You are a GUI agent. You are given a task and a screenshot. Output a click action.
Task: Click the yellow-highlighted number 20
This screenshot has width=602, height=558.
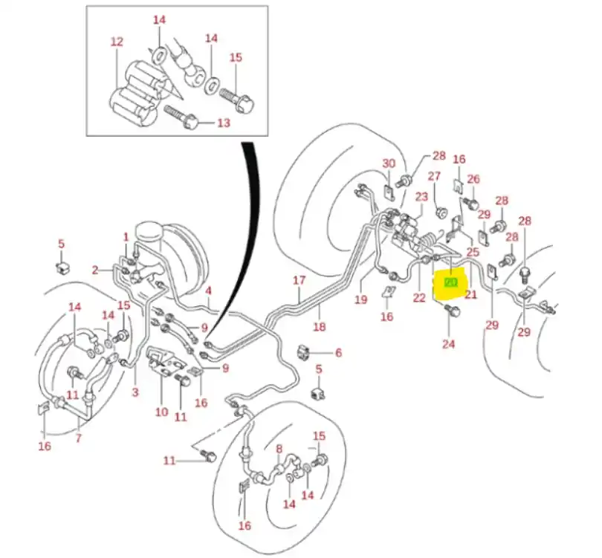[x=450, y=283]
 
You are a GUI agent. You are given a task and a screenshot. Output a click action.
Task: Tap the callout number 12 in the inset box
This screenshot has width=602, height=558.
[x=117, y=42]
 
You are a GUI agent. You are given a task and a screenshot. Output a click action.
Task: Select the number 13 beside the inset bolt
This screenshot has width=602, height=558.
[x=224, y=123]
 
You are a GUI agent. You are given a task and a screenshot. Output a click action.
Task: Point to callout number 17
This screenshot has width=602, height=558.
[x=299, y=281]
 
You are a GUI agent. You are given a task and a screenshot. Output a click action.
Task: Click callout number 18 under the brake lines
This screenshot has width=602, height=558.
[x=320, y=326]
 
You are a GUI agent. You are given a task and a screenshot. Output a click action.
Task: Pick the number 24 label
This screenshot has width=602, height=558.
[x=448, y=344]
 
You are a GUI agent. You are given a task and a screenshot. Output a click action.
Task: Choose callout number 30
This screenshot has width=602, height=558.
[x=389, y=163]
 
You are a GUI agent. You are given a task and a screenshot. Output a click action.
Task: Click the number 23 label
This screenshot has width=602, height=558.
[x=421, y=197]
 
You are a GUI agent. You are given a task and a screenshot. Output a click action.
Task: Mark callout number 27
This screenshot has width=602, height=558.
[x=435, y=176]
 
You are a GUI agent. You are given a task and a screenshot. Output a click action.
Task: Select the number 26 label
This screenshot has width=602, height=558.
[x=473, y=179]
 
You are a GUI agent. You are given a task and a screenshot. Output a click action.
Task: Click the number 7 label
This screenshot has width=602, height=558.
[x=78, y=439]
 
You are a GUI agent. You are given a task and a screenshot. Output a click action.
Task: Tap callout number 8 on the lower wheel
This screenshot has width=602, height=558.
[x=279, y=449]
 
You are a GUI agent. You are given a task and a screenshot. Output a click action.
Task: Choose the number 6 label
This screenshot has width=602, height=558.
[x=338, y=353]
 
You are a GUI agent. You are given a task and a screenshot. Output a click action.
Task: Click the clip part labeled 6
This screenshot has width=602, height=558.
[x=305, y=351]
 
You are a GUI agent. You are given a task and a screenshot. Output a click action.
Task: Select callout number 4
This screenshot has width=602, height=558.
[x=209, y=291]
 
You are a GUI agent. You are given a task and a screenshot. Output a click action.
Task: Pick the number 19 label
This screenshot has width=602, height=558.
[x=361, y=299]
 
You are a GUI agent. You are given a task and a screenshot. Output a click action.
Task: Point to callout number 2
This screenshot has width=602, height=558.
[x=95, y=270]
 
